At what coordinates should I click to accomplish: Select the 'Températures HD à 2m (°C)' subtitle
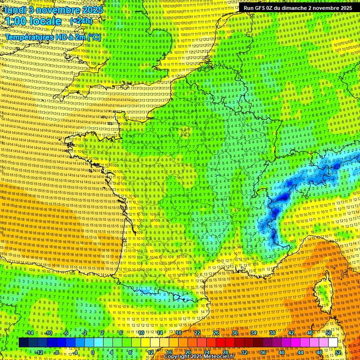coord(53,37)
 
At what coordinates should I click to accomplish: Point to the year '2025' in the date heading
coord(94,9)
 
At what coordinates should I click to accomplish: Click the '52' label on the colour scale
coord(338,352)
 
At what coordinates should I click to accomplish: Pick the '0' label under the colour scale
coord(93,352)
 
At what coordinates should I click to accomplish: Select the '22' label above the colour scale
coord(197,333)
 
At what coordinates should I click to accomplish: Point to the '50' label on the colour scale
coord(329,333)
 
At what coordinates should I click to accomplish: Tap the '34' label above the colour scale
coord(254,333)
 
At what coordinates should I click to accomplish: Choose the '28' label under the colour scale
coord(225,352)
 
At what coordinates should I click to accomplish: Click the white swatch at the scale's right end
coord(332,343)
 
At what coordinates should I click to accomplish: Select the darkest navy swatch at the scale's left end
coord(23,343)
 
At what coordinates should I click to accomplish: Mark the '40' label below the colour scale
coord(282,352)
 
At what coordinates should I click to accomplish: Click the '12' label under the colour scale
coord(150,352)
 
